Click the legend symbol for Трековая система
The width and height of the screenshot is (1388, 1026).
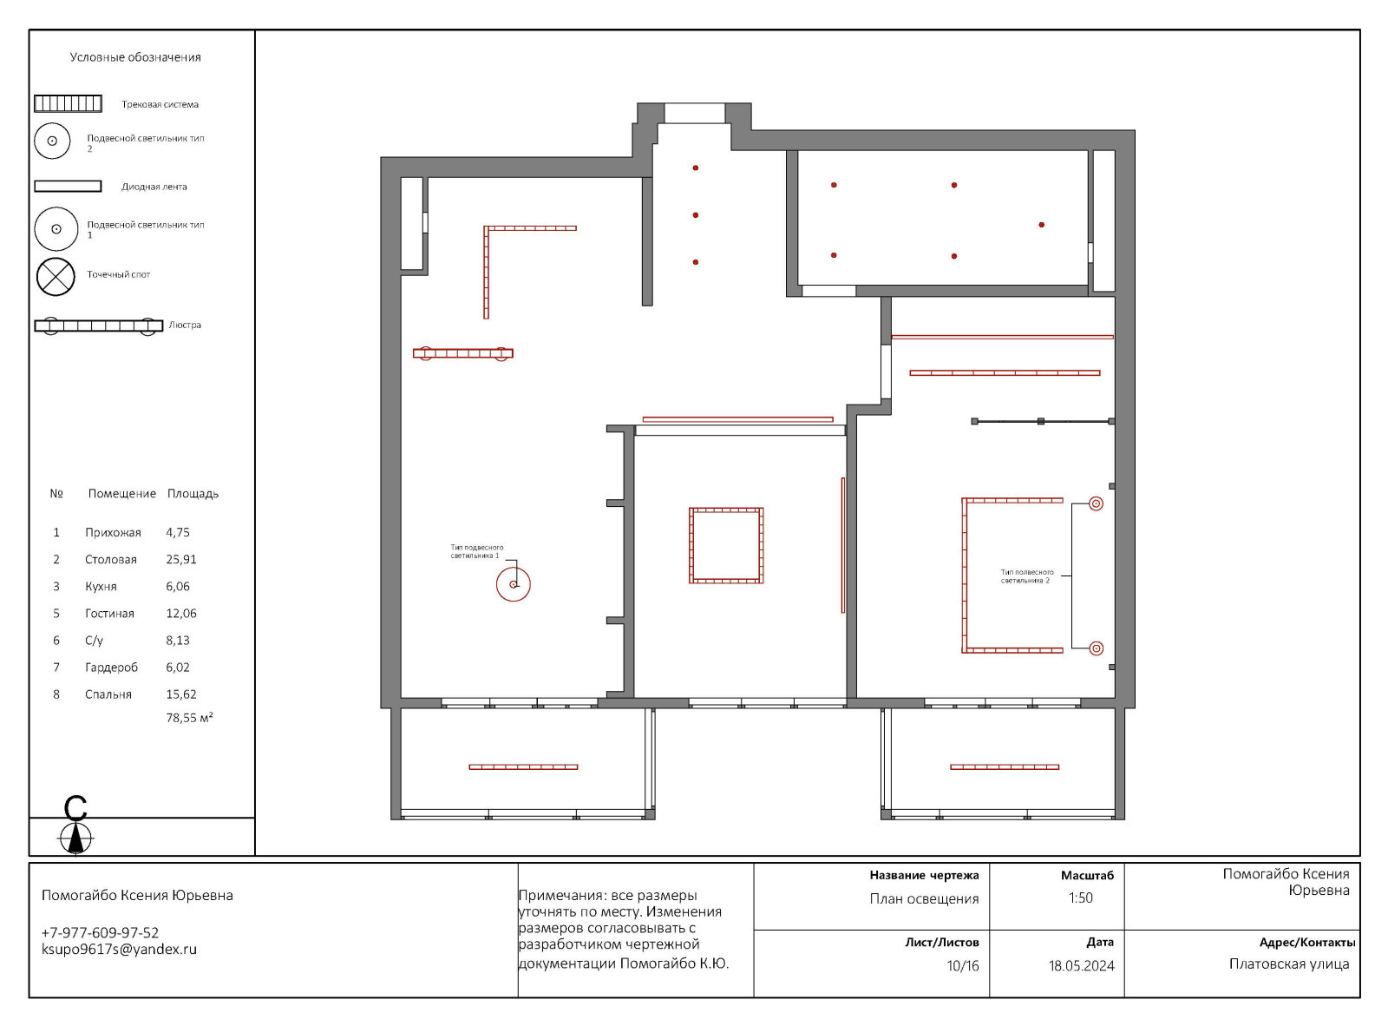(68, 103)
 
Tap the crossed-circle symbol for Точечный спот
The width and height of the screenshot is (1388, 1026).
(56, 276)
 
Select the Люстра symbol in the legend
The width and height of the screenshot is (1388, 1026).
(98, 326)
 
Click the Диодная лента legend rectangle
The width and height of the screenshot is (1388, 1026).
(68, 186)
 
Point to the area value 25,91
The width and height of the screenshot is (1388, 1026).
(180, 559)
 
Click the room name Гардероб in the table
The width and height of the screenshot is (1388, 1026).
(111, 668)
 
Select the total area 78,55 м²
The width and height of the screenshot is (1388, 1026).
(189, 718)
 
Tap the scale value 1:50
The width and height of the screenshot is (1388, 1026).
(1080, 898)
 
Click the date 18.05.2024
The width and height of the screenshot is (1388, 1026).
(1082, 966)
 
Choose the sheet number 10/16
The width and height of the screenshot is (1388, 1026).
(962, 966)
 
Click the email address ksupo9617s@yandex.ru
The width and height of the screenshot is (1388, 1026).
(119, 949)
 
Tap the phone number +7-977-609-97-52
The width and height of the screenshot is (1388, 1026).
(100, 932)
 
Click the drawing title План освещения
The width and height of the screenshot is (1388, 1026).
(924, 899)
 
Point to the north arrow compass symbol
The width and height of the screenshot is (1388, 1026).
(75, 838)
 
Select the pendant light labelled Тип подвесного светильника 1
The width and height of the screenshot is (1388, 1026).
(514, 584)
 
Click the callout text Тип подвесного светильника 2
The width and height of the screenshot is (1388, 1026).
(1027, 576)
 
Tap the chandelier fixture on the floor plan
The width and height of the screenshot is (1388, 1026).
(462, 354)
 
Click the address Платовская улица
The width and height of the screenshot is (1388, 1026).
(1288, 964)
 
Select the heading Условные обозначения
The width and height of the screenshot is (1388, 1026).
(135, 57)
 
